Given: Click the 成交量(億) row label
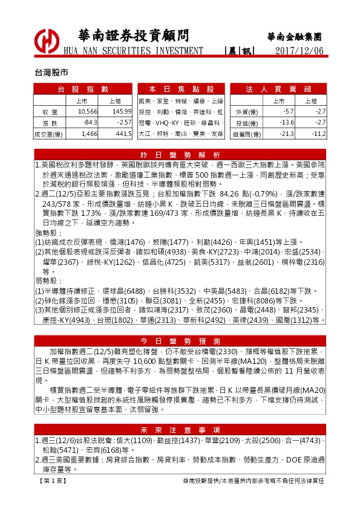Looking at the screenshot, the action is click(x=48, y=134).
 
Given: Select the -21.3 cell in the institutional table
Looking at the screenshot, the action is click(x=286, y=134).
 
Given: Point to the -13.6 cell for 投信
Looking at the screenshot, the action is click(x=286, y=123).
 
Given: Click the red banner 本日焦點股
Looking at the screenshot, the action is click(x=181, y=89).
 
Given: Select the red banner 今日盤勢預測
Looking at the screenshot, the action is click(x=181, y=340).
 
